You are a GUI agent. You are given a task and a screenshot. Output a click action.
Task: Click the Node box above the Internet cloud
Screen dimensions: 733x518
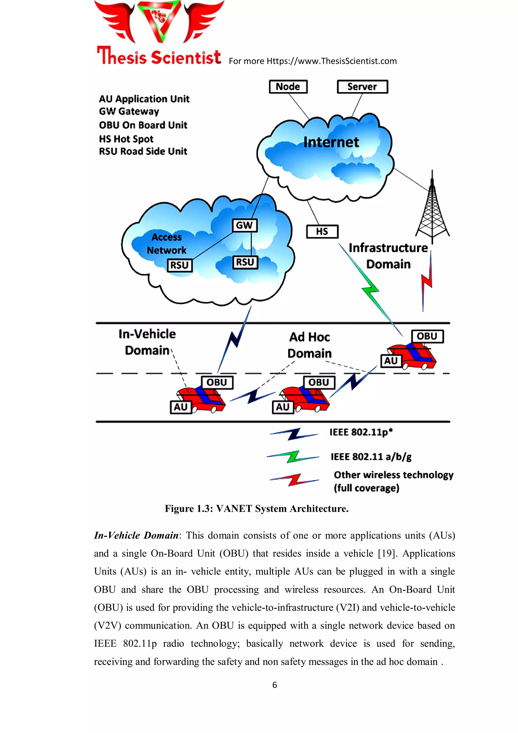click(x=288, y=87)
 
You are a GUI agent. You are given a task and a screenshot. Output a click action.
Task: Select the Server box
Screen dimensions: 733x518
click(x=362, y=87)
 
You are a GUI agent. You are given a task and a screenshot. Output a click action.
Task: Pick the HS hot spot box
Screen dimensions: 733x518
click(x=322, y=232)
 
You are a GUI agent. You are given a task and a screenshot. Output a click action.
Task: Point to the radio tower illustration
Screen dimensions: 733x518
click(x=432, y=211)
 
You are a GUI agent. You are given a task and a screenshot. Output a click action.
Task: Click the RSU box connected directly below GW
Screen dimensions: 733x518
click(x=245, y=262)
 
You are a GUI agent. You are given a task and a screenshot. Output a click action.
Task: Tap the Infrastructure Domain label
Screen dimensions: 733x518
click(x=388, y=256)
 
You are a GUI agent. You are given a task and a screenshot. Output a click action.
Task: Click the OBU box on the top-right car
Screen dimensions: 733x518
click(x=427, y=337)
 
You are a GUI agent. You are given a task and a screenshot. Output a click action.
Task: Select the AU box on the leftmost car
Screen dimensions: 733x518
click(x=181, y=407)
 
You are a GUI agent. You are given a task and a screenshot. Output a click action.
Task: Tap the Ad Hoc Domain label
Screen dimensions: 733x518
click(x=310, y=345)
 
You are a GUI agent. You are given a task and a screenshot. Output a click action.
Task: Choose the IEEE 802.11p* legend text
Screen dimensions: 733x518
click(x=361, y=432)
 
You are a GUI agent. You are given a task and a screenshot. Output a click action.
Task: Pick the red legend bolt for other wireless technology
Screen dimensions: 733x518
click(x=294, y=479)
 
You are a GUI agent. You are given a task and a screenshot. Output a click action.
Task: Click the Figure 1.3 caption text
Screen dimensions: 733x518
click(x=256, y=509)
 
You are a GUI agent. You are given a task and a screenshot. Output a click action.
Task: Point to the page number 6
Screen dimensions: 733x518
click(x=274, y=685)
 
